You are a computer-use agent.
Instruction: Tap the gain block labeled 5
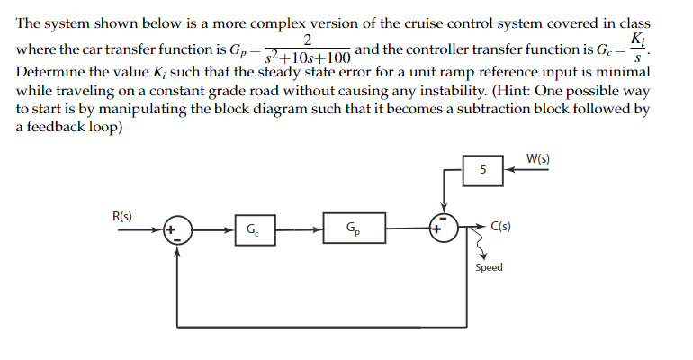(x=483, y=168)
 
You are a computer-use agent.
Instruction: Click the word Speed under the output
(x=489, y=267)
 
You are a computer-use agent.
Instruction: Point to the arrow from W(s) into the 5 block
(x=527, y=168)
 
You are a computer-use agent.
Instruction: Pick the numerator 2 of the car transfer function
(x=309, y=39)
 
